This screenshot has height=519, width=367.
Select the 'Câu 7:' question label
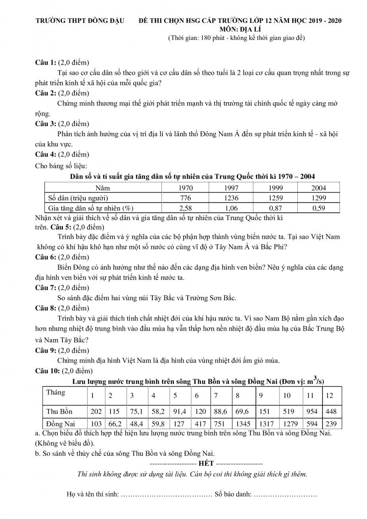click(x=45, y=287)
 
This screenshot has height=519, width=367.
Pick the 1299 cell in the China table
click(x=318, y=198)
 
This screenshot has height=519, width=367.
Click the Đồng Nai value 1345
click(x=244, y=424)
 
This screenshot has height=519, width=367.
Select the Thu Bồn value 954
click(x=311, y=411)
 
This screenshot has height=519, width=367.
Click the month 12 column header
click(x=329, y=396)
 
